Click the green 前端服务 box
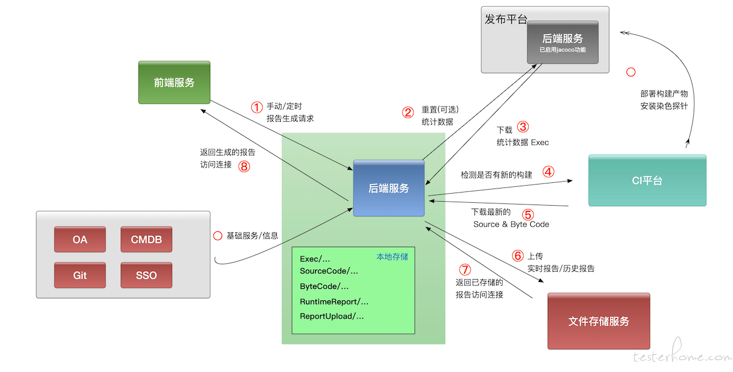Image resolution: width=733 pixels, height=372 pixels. click(174, 83)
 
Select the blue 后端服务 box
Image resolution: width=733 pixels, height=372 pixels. click(389, 188)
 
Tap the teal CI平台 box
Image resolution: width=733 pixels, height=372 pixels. click(647, 180)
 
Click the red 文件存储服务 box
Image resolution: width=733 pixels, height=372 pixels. click(599, 321)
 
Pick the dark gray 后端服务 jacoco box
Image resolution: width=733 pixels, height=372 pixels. click(563, 42)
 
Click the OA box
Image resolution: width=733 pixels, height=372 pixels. click(80, 239)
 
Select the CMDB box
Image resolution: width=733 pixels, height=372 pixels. click(146, 239)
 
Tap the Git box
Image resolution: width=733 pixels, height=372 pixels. click(80, 275)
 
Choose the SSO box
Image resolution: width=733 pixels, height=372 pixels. click(146, 275)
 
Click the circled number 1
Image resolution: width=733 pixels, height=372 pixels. click(257, 107)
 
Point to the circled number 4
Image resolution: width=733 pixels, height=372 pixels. click(548, 172)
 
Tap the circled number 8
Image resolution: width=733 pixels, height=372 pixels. click(244, 166)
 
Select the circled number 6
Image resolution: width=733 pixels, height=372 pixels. click(518, 256)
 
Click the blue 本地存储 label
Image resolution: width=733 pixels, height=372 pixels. click(392, 257)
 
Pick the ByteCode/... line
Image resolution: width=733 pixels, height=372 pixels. click(324, 287)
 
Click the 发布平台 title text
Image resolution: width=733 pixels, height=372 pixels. click(506, 19)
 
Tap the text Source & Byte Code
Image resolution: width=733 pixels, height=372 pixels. click(511, 224)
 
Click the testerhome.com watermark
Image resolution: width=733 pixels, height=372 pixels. click(682, 351)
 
